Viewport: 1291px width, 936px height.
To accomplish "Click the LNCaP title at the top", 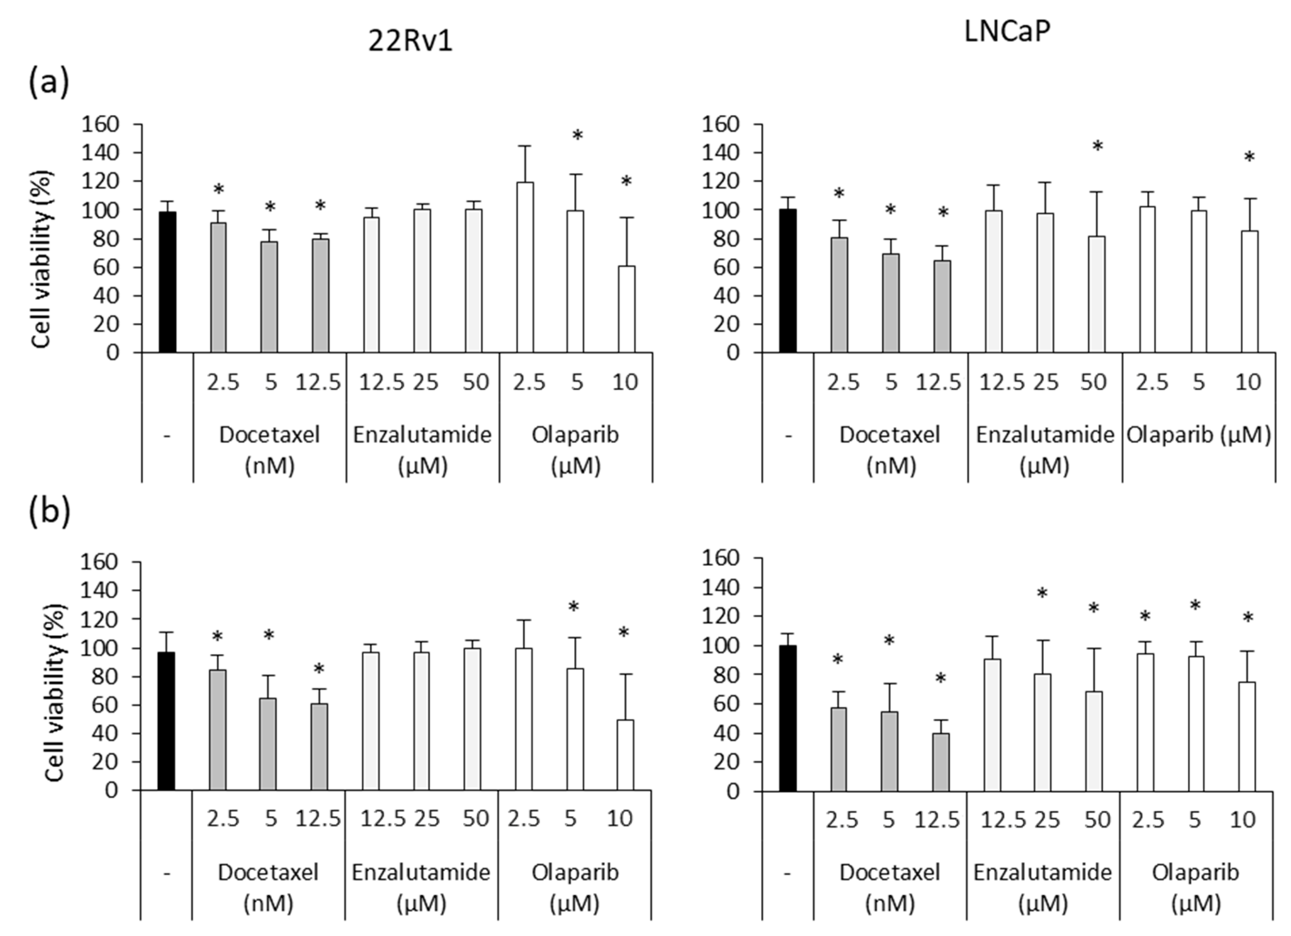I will click(1006, 32).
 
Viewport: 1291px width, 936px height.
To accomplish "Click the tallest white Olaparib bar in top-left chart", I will click(525, 268).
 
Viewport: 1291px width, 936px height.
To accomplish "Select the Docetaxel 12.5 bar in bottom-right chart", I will click(941, 762).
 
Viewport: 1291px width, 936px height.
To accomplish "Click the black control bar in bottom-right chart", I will click(788, 719).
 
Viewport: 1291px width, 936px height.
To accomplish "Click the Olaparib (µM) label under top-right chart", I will click(1199, 435).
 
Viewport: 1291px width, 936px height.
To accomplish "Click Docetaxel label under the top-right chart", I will click(890, 435).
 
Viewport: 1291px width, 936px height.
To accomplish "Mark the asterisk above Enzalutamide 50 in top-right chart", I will click(1097, 147).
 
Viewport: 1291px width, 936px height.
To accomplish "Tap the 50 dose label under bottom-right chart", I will click(1097, 820).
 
